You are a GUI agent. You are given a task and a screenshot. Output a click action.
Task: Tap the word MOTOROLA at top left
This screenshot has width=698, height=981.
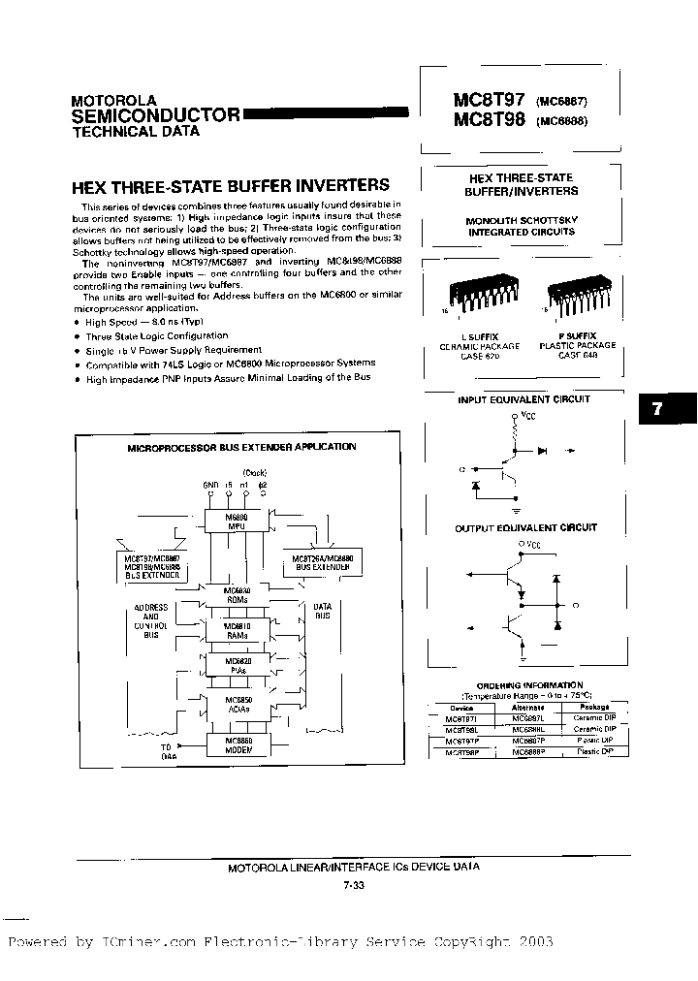tap(113, 100)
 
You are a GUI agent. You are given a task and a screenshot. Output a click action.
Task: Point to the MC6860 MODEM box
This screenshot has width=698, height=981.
tap(237, 744)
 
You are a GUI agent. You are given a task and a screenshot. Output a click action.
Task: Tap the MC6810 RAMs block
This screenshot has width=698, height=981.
tap(237, 629)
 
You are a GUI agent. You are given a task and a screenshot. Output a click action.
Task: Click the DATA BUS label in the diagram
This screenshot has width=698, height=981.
tap(323, 612)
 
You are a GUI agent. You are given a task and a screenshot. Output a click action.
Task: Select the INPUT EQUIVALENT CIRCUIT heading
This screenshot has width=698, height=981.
tap(523, 398)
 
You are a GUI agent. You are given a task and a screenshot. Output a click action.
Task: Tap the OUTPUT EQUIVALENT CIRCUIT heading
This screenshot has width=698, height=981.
tap(525, 527)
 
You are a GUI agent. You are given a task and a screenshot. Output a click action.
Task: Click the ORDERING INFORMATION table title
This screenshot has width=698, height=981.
tap(529, 686)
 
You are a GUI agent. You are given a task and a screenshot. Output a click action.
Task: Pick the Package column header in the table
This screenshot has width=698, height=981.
tap(596, 708)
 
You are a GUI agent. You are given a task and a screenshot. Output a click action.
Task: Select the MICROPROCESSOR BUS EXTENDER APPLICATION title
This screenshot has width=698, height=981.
tap(242, 447)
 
